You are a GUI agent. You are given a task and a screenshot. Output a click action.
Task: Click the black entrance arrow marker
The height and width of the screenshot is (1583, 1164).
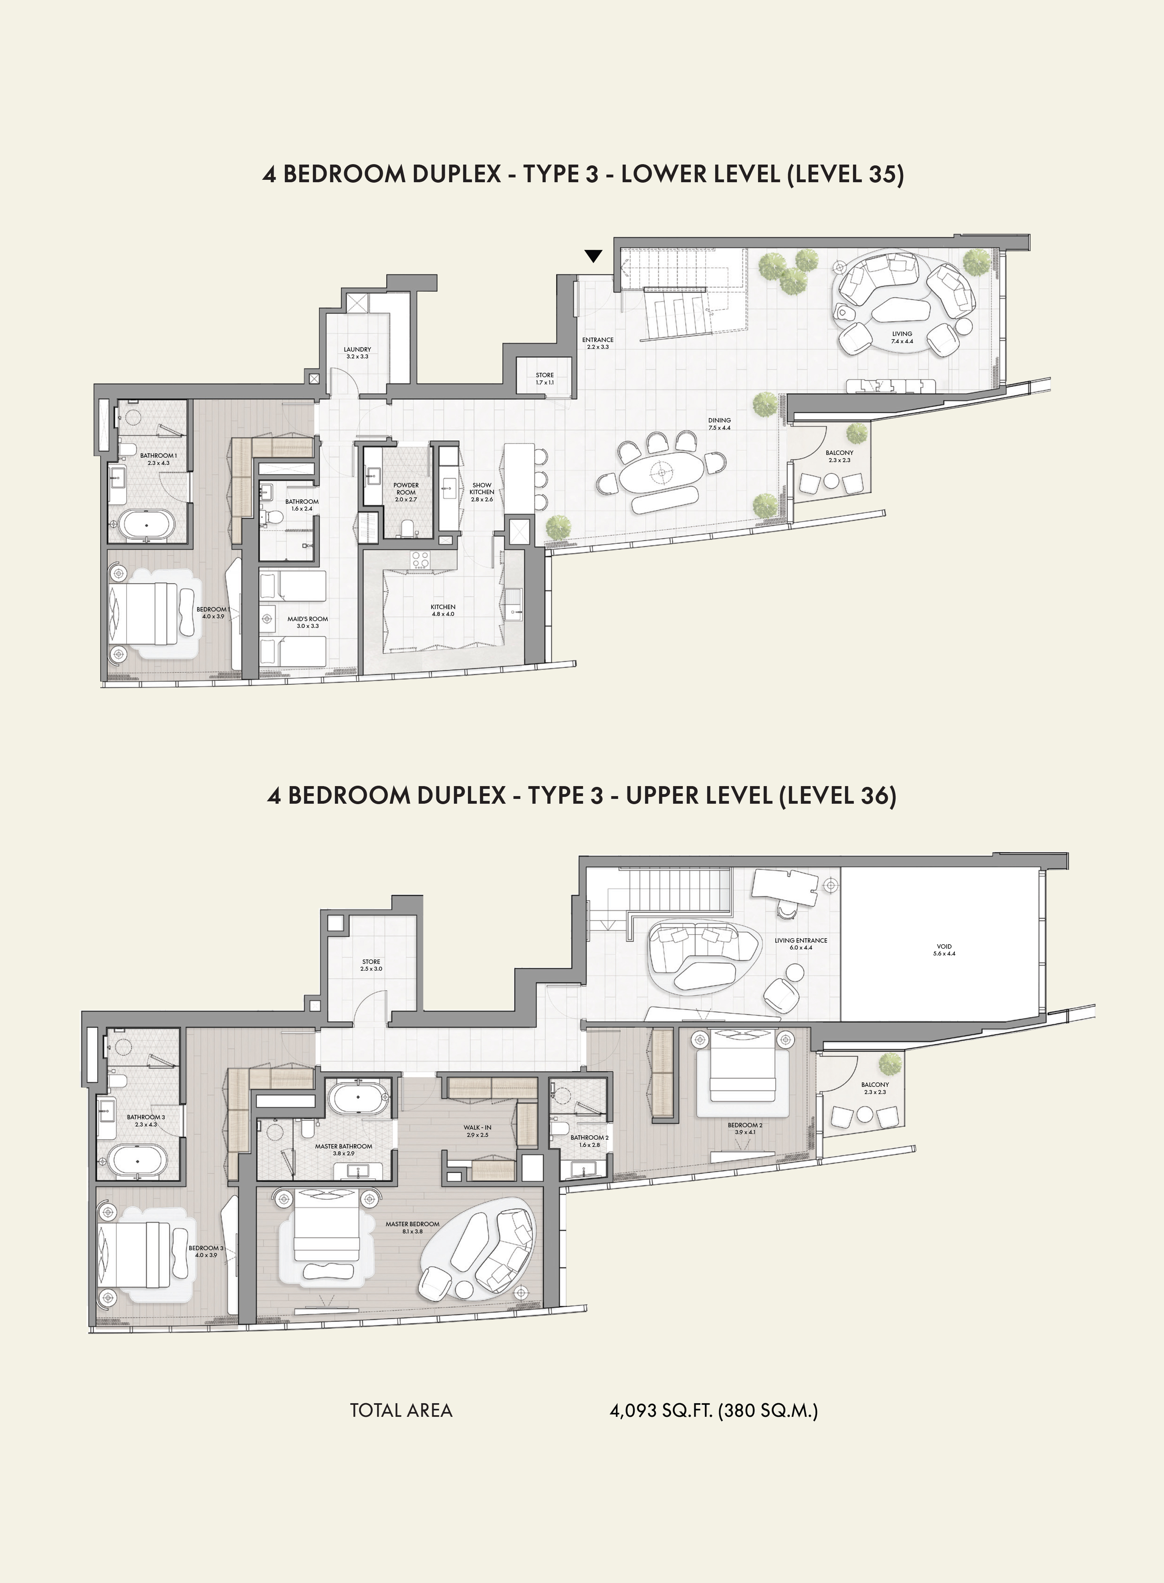pos(593,256)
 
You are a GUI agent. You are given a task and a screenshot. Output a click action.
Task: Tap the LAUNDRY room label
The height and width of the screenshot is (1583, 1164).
pos(357,349)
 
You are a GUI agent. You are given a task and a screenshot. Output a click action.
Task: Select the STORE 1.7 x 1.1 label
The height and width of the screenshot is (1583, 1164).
pos(545,375)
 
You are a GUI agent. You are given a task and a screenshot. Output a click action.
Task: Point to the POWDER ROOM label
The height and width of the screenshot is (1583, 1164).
pos(406,489)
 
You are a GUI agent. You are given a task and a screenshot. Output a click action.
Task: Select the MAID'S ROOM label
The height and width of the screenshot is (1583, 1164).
pos(308,619)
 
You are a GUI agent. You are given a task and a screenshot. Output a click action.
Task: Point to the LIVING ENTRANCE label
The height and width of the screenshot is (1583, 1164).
pos(801,940)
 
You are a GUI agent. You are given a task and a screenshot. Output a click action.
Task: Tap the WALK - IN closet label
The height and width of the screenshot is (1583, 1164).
pos(478,1127)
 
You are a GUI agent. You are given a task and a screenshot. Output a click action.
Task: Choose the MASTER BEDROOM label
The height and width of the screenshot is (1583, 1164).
pos(412,1224)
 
